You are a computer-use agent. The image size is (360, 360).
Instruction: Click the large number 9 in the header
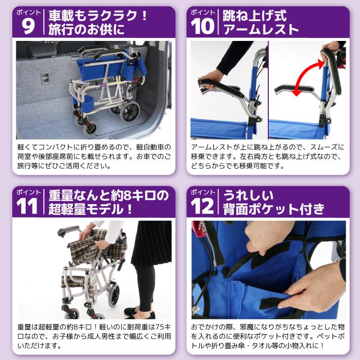(x=29, y=26)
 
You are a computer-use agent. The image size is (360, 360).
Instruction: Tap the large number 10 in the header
(x=203, y=26)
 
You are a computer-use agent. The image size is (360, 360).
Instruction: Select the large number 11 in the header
(x=28, y=206)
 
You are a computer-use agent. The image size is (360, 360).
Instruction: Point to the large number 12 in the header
(x=203, y=206)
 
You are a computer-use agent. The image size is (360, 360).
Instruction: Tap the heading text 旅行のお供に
(x=86, y=30)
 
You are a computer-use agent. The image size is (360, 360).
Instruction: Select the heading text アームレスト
(x=261, y=30)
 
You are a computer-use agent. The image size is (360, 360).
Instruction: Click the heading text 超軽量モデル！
(x=91, y=210)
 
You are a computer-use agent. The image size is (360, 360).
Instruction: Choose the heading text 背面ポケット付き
(x=274, y=210)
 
